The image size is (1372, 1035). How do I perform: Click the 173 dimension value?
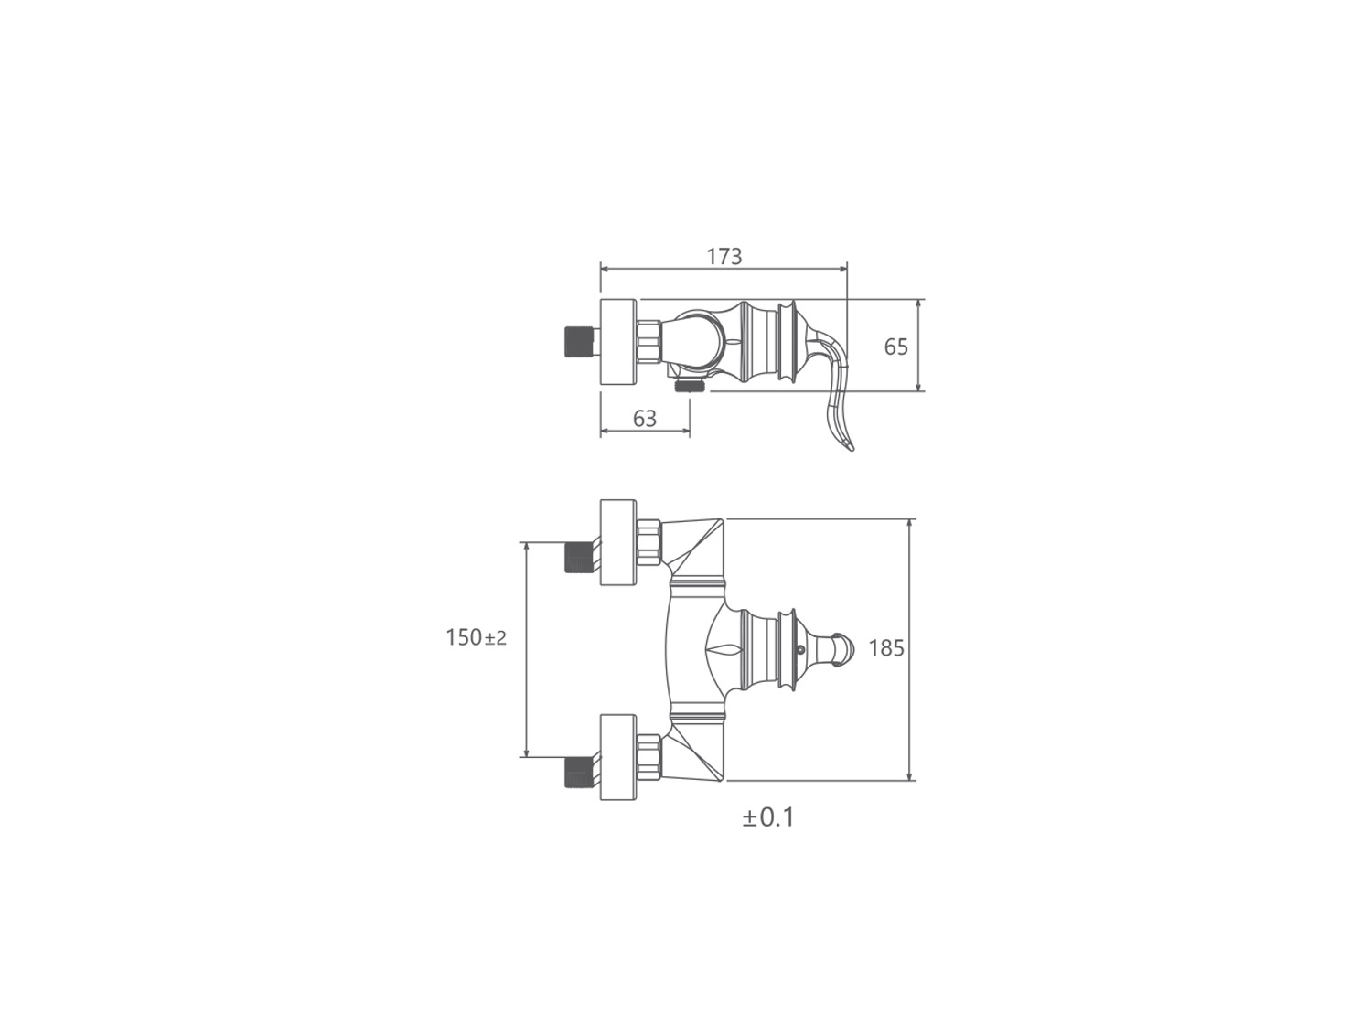[x=724, y=257]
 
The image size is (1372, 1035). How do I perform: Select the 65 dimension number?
[x=895, y=347]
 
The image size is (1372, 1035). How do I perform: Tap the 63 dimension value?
[x=645, y=419]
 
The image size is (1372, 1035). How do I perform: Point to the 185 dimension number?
[x=886, y=649]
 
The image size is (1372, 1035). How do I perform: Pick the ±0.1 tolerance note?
[x=768, y=817]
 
